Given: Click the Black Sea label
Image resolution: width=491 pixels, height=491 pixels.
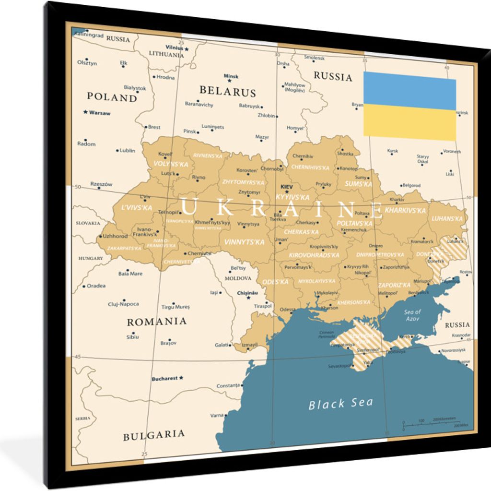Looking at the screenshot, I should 340,403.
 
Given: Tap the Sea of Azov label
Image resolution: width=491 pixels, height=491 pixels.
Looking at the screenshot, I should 412,315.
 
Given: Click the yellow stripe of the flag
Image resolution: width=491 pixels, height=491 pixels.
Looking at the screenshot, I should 409,123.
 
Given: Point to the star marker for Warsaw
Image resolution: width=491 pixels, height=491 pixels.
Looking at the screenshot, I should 86,112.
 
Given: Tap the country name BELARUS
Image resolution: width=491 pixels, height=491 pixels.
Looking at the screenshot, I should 227,91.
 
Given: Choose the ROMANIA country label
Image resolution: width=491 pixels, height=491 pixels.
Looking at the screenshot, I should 156,322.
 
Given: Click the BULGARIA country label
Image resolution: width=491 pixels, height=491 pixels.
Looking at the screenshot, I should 153,435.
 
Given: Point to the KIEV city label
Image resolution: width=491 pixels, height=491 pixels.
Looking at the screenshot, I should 286,186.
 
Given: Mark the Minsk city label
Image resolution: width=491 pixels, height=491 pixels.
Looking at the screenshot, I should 231,76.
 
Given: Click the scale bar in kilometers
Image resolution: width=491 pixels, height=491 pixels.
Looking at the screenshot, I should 434,422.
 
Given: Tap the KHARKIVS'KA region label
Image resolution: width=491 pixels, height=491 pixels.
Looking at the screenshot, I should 405,210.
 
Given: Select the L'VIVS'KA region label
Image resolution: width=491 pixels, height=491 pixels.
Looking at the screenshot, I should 136,208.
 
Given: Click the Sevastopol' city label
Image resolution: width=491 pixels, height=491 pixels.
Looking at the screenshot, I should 340,366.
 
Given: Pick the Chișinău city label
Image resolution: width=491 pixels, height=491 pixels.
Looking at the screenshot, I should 247,293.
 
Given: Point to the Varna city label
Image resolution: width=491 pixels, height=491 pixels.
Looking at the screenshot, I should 217,415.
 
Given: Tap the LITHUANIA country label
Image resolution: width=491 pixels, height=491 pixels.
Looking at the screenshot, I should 166,55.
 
